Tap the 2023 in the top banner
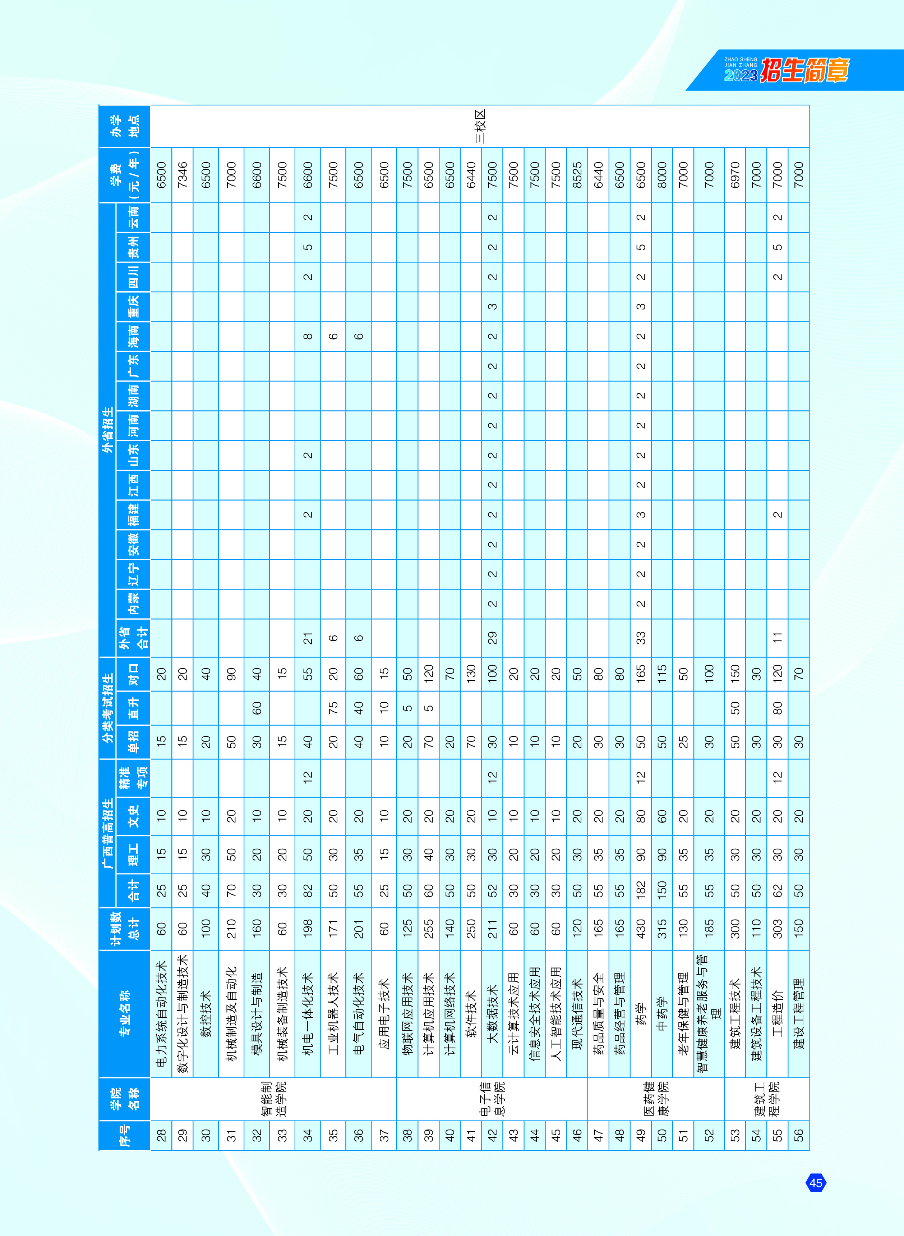(x=741, y=75)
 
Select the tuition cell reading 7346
(x=183, y=175)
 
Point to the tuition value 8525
(x=577, y=175)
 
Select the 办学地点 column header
(x=125, y=126)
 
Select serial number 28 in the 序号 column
(x=161, y=1135)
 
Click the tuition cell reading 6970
(x=735, y=175)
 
